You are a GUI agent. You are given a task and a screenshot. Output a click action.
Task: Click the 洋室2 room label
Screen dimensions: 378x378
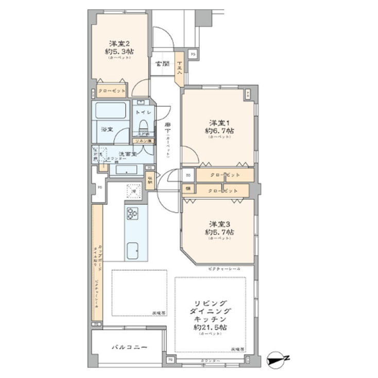[x=119, y=44]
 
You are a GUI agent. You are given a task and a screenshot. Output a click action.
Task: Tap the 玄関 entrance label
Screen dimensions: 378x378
[x=162, y=64]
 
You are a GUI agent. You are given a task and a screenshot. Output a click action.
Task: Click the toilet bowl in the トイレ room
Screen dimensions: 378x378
[x=144, y=125]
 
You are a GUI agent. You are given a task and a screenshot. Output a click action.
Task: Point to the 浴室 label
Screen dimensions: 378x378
[x=107, y=129]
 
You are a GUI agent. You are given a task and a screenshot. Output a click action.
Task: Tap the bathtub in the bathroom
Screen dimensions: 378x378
[x=110, y=111]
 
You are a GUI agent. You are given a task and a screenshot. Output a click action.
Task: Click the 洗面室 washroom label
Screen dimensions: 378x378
[x=127, y=154]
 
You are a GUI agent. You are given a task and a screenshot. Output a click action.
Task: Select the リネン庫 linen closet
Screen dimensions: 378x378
[x=143, y=141]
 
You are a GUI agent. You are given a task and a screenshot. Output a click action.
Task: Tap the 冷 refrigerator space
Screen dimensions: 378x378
[x=133, y=190]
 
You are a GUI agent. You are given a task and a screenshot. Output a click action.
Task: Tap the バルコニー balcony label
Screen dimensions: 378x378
[x=129, y=348]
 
